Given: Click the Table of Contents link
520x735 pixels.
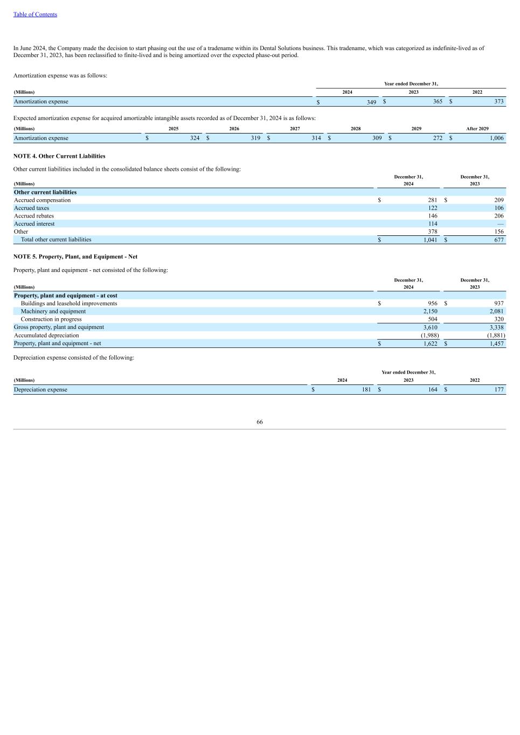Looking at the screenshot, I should click(x=35, y=15).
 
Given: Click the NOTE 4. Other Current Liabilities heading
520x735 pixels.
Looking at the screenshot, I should click(x=59, y=156).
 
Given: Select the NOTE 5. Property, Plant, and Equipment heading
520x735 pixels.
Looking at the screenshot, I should click(x=75, y=257).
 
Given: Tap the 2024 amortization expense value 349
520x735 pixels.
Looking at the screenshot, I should click(x=371, y=102).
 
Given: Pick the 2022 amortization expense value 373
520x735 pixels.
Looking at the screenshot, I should click(x=498, y=101).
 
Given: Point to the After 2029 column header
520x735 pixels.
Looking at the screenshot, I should click(x=477, y=129).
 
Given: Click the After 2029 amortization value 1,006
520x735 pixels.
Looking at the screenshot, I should click(x=496, y=138).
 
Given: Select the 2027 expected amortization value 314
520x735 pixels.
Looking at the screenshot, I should click(x=316, y=138).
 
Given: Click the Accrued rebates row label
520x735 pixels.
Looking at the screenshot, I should click(x=34, y=216).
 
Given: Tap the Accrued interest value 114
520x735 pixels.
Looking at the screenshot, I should click(x=432, y=224).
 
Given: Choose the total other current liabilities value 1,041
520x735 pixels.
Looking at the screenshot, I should click(x=430, y=240).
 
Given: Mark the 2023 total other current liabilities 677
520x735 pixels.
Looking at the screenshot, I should click(x=498, y=240).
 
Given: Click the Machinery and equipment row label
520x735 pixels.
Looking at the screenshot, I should click(x=53, y=311).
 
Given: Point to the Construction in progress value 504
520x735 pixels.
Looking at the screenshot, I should click(x=432, y=319).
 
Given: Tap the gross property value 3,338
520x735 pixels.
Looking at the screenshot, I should click(x=496, y=327).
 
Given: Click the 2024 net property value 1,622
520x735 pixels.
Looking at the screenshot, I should click(x=430, y=344).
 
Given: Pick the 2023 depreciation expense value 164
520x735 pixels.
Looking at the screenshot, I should click(x=432, y=390).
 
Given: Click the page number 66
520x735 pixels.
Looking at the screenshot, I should click(x=260, y=422).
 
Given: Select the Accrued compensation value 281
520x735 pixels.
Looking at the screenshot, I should click(x=432, y=200).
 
